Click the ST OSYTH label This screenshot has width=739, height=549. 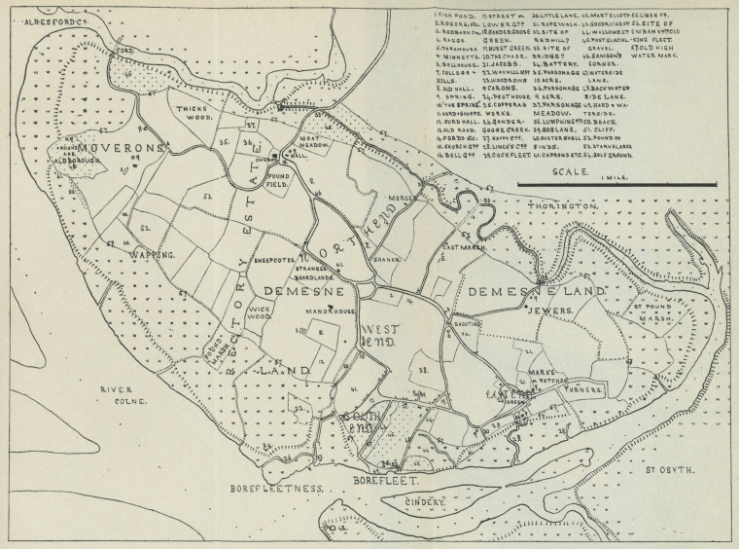(x=668, y=470)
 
